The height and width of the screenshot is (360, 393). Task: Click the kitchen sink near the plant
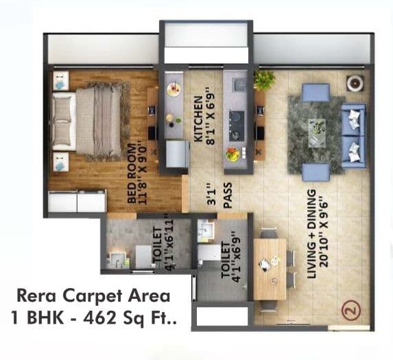tap(239, 85)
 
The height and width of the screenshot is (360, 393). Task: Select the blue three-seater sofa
tap(354, 134)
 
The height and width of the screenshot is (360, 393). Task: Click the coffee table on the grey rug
tap(316, 127)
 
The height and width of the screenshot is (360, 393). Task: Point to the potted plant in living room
tap(264, 80)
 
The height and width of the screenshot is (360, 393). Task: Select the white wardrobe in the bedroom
tap(77, 202)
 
